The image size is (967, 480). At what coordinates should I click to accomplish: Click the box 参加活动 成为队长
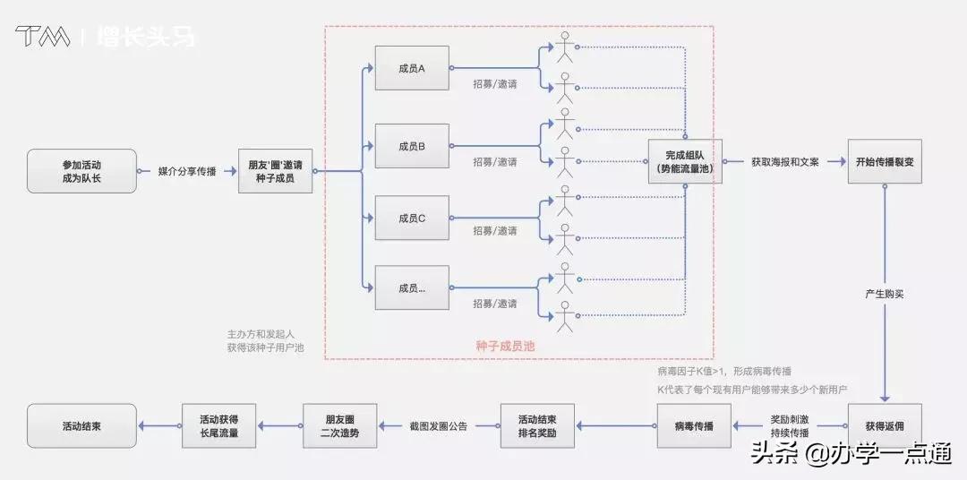(x=81, y=171)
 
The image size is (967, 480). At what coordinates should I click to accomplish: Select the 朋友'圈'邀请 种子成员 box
(x=275, y=171)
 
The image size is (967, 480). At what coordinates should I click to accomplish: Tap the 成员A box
(x=412, y=67)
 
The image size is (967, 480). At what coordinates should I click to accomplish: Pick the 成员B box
(x=412, y=145)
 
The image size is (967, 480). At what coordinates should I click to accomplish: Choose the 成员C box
(x=412, y=218)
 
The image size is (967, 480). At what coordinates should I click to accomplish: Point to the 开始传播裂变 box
(x=885, y=162)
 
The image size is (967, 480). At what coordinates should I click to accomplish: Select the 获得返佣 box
(x=885, y=426)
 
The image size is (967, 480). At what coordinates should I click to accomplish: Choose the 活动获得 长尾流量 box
(x=218, y=426)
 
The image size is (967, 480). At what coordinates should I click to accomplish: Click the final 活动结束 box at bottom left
(x=81, y=426)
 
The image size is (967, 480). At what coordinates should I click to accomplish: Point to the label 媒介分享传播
(x=187, y=171)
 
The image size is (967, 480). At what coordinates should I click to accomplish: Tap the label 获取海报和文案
(x=784, y=162)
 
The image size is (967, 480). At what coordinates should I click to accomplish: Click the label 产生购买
(x=885, y=294)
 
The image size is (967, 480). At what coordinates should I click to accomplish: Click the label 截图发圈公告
(x=439, y=426)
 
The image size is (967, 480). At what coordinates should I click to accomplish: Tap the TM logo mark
(x=43, y=37)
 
